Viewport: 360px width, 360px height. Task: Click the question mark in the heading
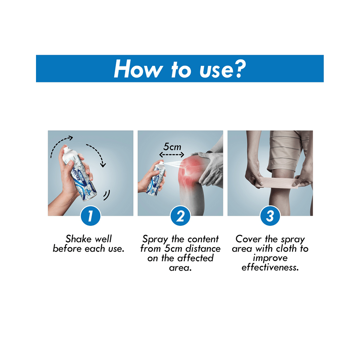pos(240,69)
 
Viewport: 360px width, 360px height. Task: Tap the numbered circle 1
pos(90,216)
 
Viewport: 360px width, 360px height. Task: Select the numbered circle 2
pos(180,216)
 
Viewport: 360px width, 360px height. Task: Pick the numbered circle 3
pos(270,216)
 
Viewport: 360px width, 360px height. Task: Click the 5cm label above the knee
pos(172,147)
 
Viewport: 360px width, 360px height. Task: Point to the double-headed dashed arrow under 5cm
pos(172,154)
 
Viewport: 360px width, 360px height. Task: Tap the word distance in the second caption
pos(203,248)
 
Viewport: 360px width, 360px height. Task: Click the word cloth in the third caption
pos(286,248)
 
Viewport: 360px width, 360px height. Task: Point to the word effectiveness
pos(270,267)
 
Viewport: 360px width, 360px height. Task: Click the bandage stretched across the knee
pos(278,181)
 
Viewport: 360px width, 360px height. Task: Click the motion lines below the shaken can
pos(107,195)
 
